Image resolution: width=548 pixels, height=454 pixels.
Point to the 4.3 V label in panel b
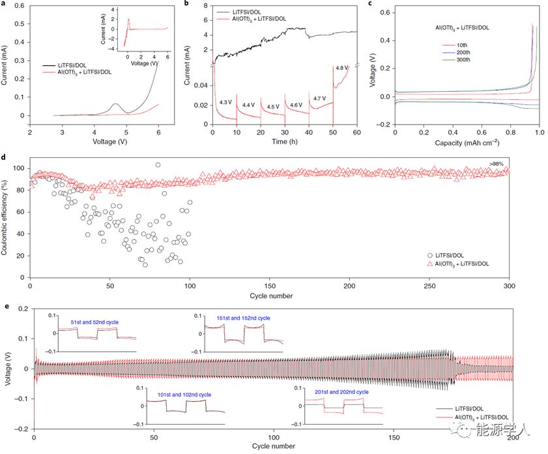(225, 102)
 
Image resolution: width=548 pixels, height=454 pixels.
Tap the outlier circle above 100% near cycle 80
(158, 165)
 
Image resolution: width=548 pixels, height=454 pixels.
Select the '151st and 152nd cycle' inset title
(243, 318)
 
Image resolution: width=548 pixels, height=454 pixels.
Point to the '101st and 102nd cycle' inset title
(183, 395)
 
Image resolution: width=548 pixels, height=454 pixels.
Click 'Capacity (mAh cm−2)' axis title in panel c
(467, 142)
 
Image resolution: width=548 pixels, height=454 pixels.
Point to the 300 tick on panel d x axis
(510, 287)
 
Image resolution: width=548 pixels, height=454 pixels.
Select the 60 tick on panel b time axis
(356, 132)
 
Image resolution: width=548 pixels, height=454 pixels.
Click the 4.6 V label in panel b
(296, 104)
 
